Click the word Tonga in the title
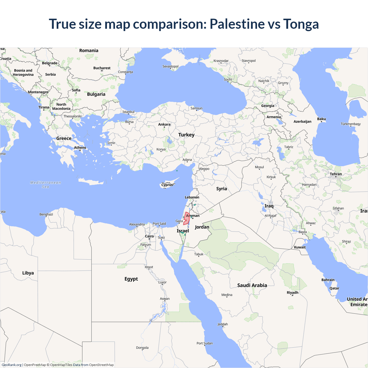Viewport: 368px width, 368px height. pyautogui.click(x=301, y=24)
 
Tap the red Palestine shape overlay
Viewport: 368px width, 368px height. pyautogui.click(x=187, y=218)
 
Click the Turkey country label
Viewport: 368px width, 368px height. pyautogui.click(x=186, y=135)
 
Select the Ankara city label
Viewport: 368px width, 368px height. pyautogui.click(x=164, y=124)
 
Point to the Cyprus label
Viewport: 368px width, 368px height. pyautogui.click(x=167, y=185)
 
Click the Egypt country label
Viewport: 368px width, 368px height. pyautogui.click(x=131, y=279)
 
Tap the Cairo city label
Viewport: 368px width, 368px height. pyautogui.click(x=149, y=236)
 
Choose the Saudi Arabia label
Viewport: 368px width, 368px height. pyautogui.click(x=252, y=285)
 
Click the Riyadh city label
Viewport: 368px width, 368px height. pyautogui.click(x=292, y=293)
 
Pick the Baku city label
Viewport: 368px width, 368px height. pyautogui.click(x=321, y=119)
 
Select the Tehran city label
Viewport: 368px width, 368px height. pyautogui.click(x=336, y=174)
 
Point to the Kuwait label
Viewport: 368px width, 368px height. pyautogui.click(x=300, y=247)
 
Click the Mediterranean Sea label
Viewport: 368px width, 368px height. pyautogui.click(x=46, y=185)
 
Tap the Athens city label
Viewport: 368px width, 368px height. pyautogui.click(x=80, y=147)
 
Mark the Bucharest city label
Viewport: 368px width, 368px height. pyautogui.click(x=102, y=68)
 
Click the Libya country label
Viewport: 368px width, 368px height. pyautogui.click(x=28, y=273)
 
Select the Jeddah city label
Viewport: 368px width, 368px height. pyautogui.click(x=223, y=324)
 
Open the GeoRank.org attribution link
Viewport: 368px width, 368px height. pyautogui.click(x=11, y=365)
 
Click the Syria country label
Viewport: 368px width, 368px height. pyautogui.click(x=221, y=189)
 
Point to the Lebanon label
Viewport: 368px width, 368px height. pyautogui.click(x=192, y=197)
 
